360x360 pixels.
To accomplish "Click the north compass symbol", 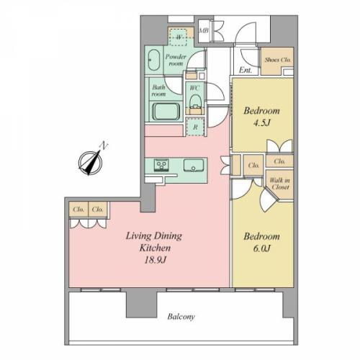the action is pos(91,163).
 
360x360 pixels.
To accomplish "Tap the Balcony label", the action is pos(181,317).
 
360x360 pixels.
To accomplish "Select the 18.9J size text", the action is pos(155,260).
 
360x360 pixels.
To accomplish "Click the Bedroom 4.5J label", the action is pos(261,117).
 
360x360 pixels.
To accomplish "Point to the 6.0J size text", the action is pos(262,248).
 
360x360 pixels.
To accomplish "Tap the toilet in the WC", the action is pos(194,102).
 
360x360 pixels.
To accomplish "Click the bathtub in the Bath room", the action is pos(166,111).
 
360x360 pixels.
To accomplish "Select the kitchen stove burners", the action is pos(161,165).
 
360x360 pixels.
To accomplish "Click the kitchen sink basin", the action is pos(194,166).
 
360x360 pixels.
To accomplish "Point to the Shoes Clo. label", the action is pos(278,60).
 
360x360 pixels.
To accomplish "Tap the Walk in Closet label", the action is pos(279,184).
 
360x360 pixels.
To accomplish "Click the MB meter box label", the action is pos(204,31).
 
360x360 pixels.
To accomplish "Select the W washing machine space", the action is pos(179,37).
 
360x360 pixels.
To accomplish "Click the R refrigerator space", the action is pos(195,127).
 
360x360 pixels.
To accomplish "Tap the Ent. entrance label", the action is pos(246,70).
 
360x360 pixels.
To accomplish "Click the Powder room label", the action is pos(176,60).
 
